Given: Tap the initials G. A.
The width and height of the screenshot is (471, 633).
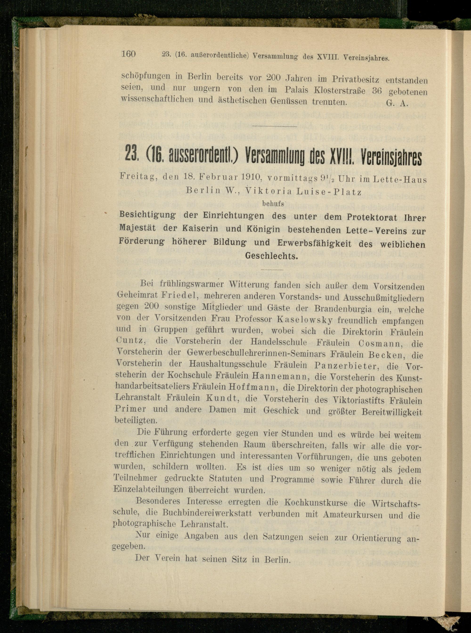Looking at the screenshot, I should tap(397, 103).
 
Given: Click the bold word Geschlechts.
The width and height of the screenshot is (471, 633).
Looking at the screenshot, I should tap(272, 256).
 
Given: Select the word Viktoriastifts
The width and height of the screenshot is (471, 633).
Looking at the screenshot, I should tap(353, 400).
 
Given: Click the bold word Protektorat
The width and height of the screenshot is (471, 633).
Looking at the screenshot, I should tap(372, 218).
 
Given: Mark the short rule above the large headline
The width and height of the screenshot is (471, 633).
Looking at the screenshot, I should tap(275, 126).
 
